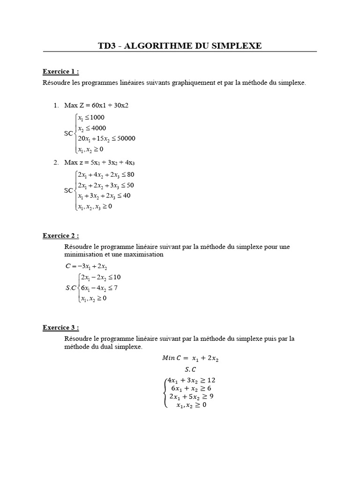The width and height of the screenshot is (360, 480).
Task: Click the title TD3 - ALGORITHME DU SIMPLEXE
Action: (x=180, y=45)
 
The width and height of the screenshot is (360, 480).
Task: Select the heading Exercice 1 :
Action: (x=60, y=72)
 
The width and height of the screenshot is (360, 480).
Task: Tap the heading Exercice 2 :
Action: (x=60, y=235)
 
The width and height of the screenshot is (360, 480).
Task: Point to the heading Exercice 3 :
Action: (x=60, y=328)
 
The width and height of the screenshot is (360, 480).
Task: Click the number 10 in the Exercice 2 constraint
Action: (x=117, y=277)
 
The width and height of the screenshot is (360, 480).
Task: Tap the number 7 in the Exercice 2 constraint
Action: (x=115, y=287)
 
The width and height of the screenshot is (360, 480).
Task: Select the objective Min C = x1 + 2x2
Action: (x=190, y=359)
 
